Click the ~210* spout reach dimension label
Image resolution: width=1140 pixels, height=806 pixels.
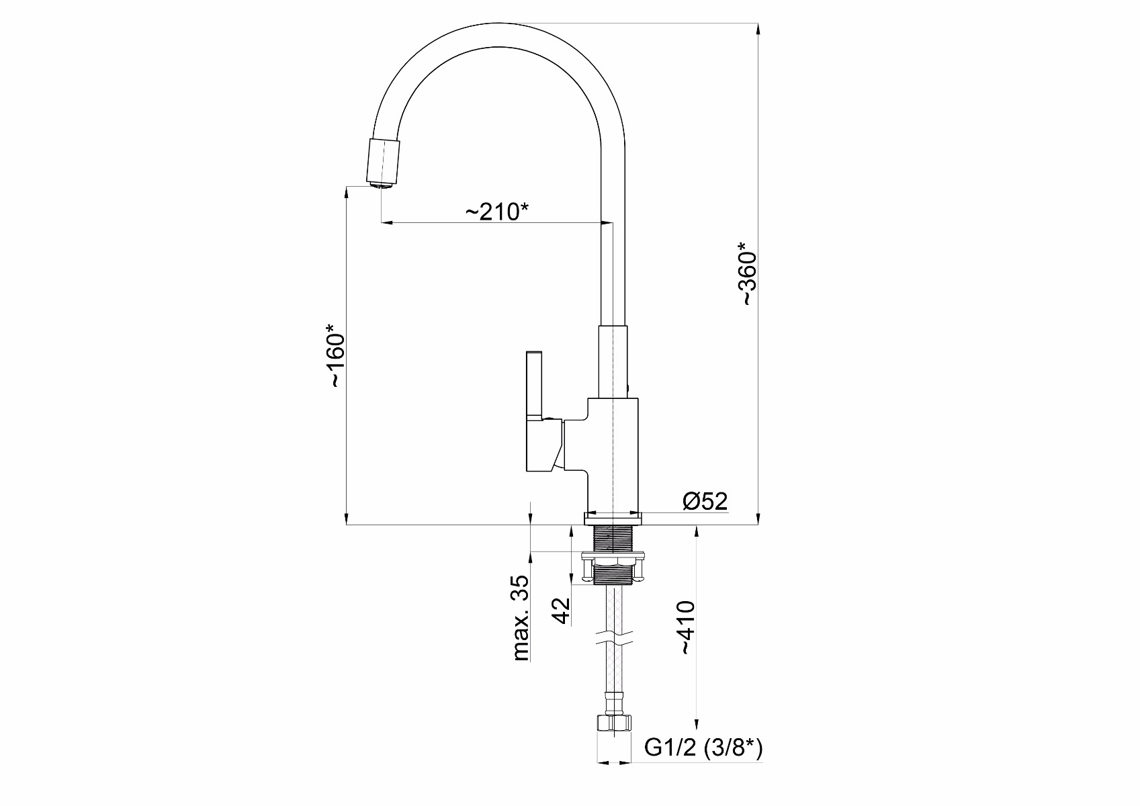tap(497, 212)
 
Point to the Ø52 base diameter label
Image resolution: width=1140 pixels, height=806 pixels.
tap(705, 501)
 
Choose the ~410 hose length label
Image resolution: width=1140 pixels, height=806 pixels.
tap(687, 627)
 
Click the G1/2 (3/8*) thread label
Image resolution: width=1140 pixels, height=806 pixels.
tap(703, 748)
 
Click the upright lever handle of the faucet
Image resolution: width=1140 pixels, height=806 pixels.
tap(534, 385)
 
